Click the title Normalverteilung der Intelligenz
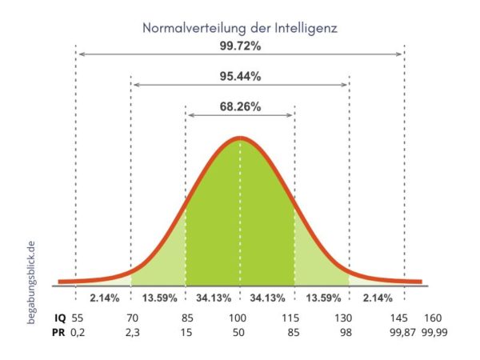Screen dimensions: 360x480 click(x=240, y=27)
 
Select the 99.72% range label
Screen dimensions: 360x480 click(x=240, y=46)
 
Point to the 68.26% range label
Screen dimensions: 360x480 click(x=240, y=106)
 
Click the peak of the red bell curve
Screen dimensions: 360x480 click(x=240, y=138)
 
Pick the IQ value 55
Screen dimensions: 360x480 click(x=77, y=317)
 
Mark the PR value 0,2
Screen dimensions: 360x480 click(x=78, y=332)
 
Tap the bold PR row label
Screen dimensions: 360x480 click(x=57, y=332)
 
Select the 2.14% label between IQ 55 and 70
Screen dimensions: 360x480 click(x=104, y=298)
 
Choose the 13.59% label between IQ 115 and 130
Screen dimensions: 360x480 click(x=322, y=298)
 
